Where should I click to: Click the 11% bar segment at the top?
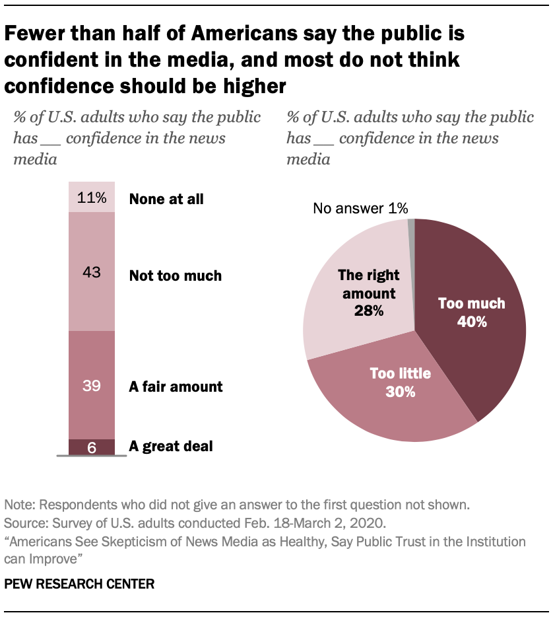coord(92,198)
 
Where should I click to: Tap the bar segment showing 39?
coord(92,385)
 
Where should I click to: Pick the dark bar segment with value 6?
coord(92,447)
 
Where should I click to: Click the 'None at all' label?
coord(166,198)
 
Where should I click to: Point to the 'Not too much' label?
coord(176,275)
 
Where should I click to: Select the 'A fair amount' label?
coord(176,386)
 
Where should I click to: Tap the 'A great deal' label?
coord(171,447)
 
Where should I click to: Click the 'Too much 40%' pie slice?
coord(475,310)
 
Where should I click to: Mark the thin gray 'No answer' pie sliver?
coord(412,226)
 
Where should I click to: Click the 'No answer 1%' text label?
coord(360,209)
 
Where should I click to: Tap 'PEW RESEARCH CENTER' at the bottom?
coord(80,584)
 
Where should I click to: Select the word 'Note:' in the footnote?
coord(20,505)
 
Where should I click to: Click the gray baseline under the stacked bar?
coord(92,456)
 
